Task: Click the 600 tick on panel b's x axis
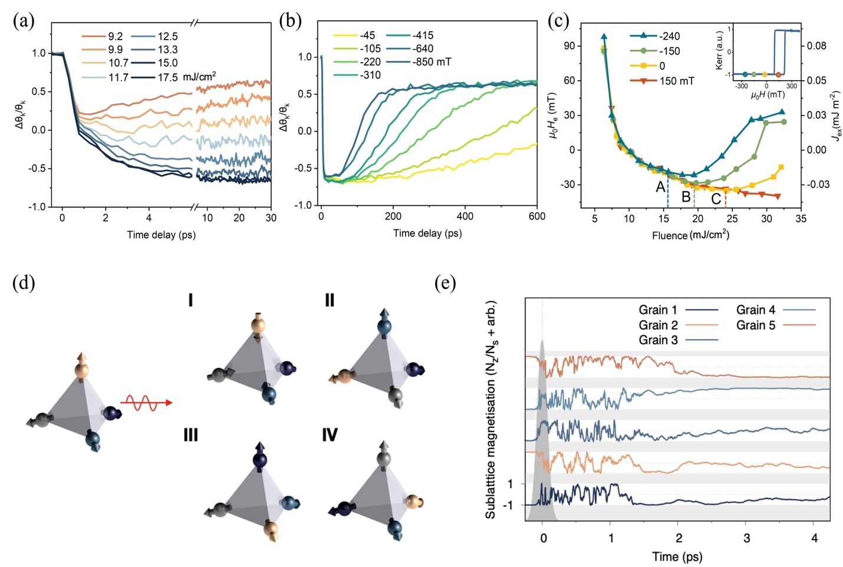pos(536,216)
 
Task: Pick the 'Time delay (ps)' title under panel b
pos(427,233)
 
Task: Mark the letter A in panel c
pos(660,187)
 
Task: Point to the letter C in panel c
pos(716,199)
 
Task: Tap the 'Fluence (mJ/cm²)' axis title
pos(690,235)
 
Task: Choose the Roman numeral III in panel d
pos(191,436)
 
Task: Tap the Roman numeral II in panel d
pos(329,301)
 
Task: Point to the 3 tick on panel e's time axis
pos(746,538)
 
